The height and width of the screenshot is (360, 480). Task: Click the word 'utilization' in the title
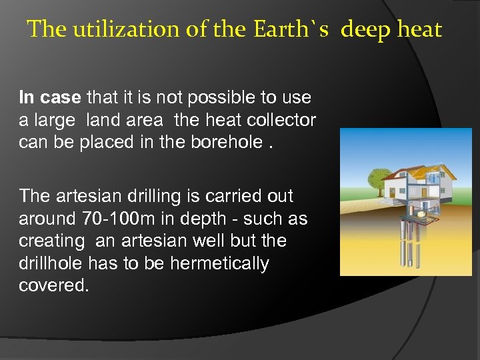pyautogui.click(x=117, y=29)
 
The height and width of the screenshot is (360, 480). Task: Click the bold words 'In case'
pyautogui.click(x=50, y=97)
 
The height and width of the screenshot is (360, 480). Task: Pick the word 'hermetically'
pyautogui.click(x=219, y=263)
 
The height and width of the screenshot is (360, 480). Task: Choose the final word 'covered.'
pyautogui.click(x=54, y=285)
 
